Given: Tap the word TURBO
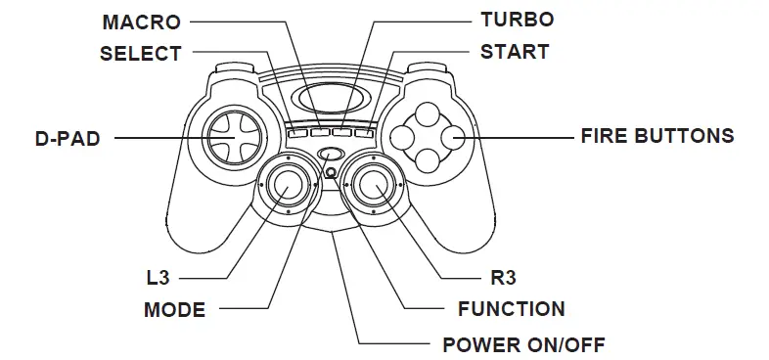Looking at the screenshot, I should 517,20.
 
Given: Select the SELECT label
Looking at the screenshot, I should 141,53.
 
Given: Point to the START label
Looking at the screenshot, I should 515,52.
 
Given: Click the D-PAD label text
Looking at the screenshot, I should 68,139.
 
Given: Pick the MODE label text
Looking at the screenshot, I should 174,311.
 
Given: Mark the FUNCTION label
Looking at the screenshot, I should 512,310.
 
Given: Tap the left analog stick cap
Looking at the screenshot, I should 288,183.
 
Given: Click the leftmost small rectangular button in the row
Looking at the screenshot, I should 298,131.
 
